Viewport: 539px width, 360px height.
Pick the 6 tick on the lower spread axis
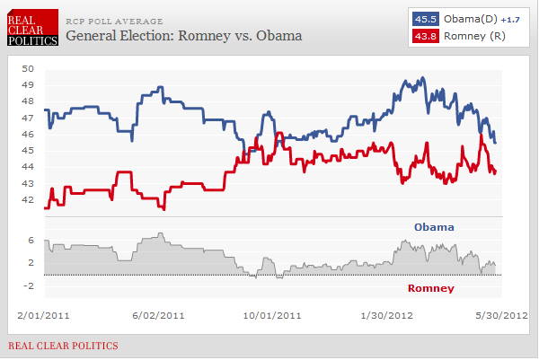click(x=31, y=241)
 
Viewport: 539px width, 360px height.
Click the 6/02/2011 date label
click(x=158, y=315)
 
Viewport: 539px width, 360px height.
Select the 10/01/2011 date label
click(x=271, y=315)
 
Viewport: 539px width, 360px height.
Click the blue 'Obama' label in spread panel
click(x=433, y=227)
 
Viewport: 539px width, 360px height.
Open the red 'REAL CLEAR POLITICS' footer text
click(x=63, y=346)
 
